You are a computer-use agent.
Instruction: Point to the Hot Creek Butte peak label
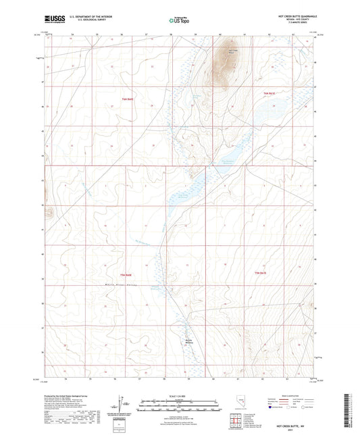click(233, 51)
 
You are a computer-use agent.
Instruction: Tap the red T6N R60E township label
click(128, 99)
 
